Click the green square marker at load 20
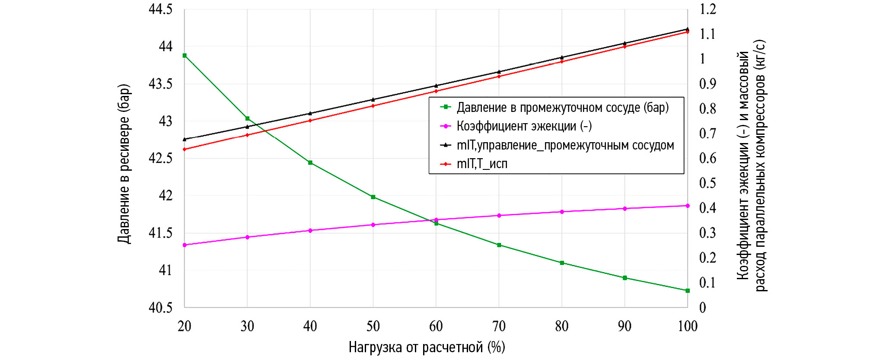(185, 55)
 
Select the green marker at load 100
(688, 290)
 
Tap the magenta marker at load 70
(499, 215)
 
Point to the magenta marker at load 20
(185, 245)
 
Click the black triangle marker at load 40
(310, 113)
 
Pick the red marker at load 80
(562, 61)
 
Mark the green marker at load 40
(310, 162)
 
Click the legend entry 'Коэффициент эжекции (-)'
(524, 126)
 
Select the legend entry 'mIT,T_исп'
(482, 164)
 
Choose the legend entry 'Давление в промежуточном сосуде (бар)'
(562, 107)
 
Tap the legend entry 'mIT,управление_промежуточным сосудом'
(565, 145)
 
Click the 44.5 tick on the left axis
(160, 9)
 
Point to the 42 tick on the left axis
(166, 195)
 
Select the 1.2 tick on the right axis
(707, 9)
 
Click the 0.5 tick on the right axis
(707, 183)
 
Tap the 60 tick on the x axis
(436, 326)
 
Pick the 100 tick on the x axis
(688, 326)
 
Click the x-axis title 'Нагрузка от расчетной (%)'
(427, 347)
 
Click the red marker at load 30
(247, 135)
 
